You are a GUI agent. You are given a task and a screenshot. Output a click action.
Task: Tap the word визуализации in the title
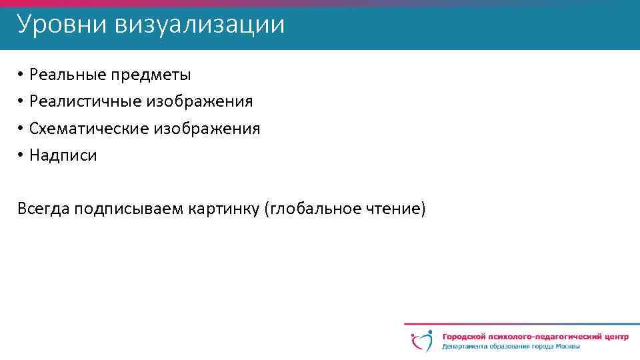(x=199, y=25)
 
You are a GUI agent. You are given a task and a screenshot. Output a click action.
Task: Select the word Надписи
(x=63, y=155)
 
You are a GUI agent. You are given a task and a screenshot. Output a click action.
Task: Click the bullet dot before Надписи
(x=21, y=155)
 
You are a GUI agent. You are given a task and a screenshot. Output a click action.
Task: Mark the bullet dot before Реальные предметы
(x=21, y=74)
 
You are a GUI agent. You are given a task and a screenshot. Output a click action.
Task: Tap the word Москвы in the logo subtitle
(x=565, y=347)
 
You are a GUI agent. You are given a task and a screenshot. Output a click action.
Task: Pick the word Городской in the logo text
(x=463, y=337)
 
